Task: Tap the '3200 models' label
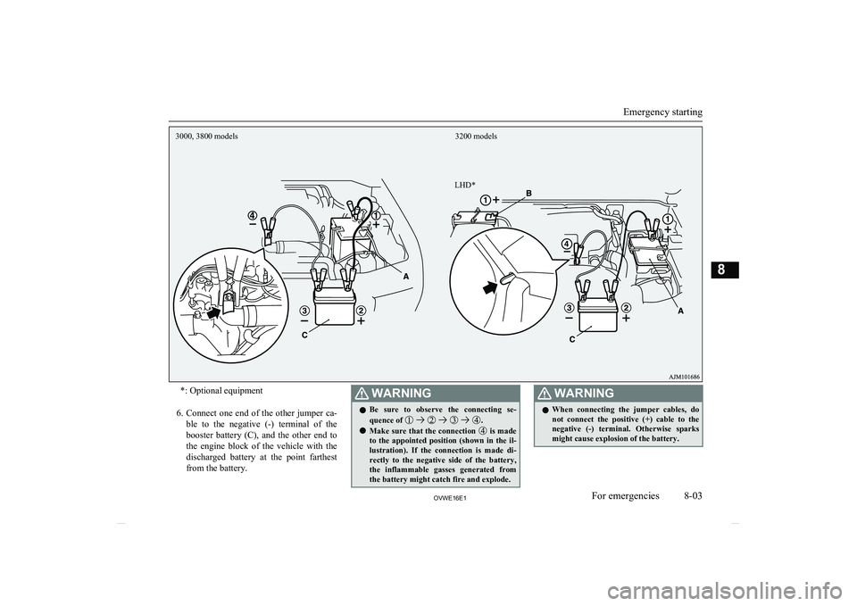tap(476, 137)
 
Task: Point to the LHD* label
tap(464, 184)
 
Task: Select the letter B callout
tap(528, 192)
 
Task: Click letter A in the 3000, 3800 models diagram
tap(406, 278)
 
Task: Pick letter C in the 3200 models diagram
tap(573, 340)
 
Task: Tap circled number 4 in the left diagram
tap(254, 215)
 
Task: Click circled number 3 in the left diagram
tap(304, 309)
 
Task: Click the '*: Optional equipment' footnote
tap(221, 391)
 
